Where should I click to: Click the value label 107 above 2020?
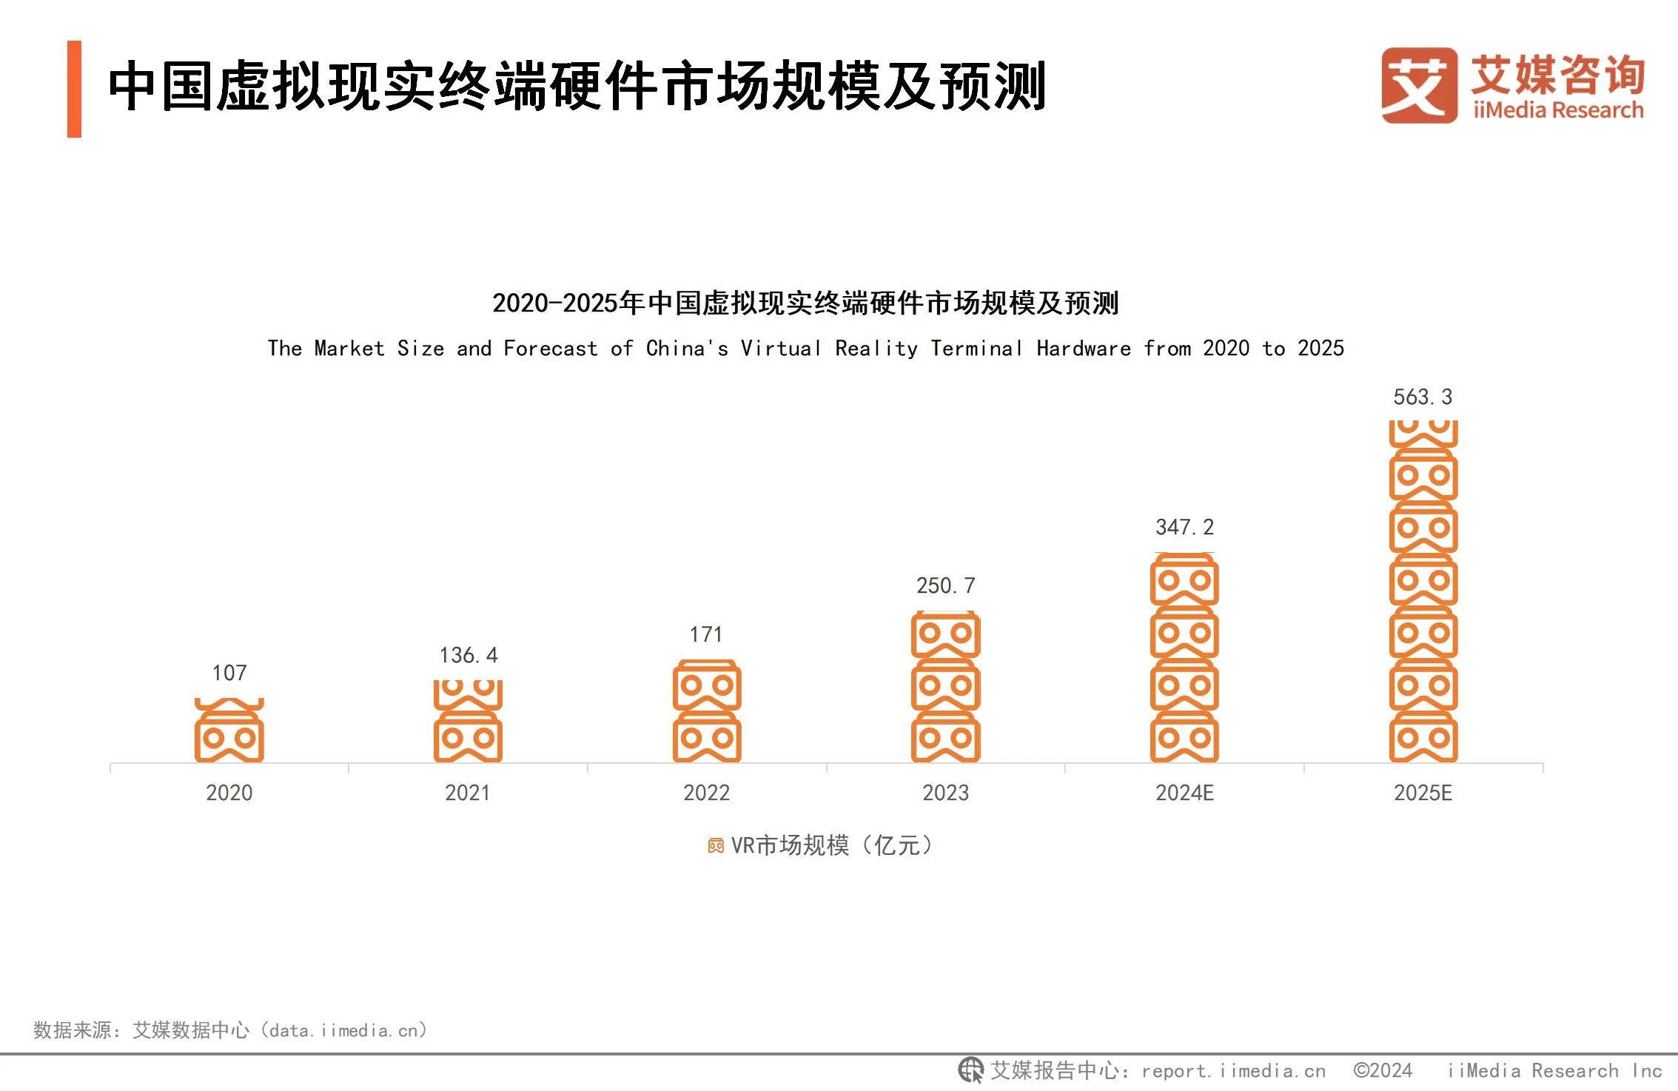coord(229,673)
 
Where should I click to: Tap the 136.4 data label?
coord(469,655)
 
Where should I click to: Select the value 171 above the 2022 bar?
coord(706,634)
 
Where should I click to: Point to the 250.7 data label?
coord(946,585)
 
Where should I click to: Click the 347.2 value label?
coord(1184,527)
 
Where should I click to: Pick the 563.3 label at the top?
coord(1423,397)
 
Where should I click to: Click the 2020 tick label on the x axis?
coord(229,793)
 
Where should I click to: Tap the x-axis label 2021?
coord(467,793)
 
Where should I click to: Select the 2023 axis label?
coord(945,793)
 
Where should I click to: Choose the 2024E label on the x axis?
coord(1184,793)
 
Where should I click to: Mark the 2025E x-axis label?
coord(1423,793)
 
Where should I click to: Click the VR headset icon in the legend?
coord(716,845)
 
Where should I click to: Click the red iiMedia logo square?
coord(1419,85)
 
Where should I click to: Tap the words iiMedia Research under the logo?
coord(1558,110)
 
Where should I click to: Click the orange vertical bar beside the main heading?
coord(74,89)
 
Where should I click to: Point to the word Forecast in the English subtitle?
coord(550,348)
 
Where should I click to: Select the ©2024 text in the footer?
coord(1383,1070)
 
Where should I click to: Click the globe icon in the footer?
coord(970,1070)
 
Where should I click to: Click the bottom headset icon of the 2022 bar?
coord(707,737)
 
